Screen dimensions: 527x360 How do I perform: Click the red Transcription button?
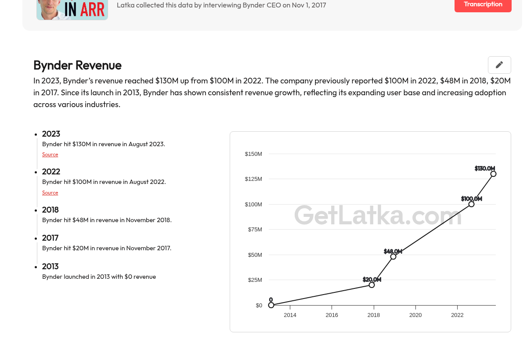coord(483,4)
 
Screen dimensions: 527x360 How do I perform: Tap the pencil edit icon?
coord(499,65)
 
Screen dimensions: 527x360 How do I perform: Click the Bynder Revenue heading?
coord(77,65)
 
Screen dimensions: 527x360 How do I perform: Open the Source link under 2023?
coord(50,155)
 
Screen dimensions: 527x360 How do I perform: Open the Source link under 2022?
coord(50,193)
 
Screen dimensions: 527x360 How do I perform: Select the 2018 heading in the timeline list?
coord(51,210)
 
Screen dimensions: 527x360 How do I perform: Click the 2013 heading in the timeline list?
coord(51,266)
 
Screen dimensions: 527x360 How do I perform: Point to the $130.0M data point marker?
coord(493,174)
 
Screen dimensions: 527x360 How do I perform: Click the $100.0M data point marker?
coord(471,204)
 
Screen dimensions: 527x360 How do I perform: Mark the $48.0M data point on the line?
coord(393,257)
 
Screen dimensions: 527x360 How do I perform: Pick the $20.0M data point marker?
coord(372,285)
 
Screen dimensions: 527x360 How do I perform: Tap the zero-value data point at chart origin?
coord(271,305)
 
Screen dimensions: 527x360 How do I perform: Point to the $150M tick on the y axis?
coord(253,154)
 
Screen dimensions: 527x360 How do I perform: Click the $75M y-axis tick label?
coord(255,230)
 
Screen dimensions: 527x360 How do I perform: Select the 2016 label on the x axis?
coord(332,315)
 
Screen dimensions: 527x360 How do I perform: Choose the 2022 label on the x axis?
coord(457,315)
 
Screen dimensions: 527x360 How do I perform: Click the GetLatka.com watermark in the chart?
coord(378,215)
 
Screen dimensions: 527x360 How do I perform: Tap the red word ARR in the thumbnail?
coord(92,10)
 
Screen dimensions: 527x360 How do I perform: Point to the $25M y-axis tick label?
coord(255,280)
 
